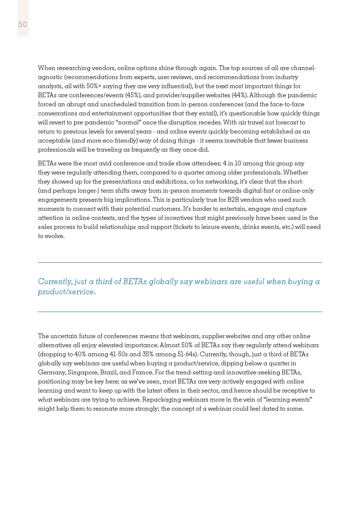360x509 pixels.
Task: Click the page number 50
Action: pyautogui.click(x=23, y=24)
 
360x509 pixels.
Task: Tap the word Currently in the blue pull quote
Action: pyautogui.click(x=55, y=282)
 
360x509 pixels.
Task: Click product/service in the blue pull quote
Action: pyautogui.click(x=67, y=292)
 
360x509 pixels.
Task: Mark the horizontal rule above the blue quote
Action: pyautogui.click(x=180, y=262)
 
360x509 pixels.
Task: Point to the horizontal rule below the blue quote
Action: pyautogui.click(x=180, y=312)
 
